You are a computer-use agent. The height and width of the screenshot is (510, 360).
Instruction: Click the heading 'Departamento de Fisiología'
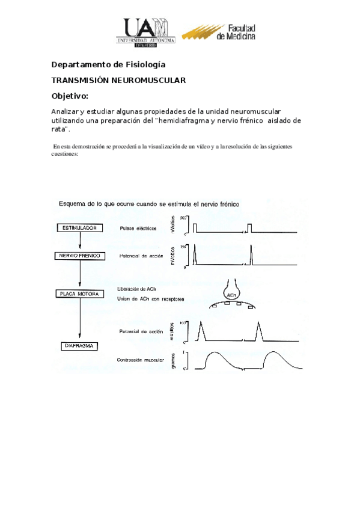tap(108, 64)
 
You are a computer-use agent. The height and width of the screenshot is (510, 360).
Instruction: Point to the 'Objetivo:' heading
tap(70, 96)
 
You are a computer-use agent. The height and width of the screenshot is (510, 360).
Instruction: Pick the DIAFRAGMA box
tap(80, 346)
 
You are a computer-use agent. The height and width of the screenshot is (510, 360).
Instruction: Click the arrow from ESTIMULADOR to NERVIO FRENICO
tap(79, 242)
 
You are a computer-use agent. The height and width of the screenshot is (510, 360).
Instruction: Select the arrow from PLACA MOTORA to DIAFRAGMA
tap(79, 320)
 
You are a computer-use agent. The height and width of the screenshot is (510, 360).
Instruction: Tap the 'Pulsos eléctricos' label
tap(138, 229)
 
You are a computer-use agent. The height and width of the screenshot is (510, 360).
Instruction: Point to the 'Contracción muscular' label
tap(142, 360)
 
